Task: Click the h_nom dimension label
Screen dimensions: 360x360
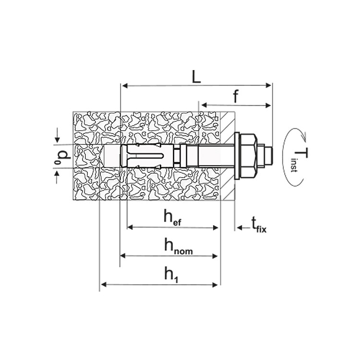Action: pos(179,246)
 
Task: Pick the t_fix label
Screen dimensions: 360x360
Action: pos(259,225)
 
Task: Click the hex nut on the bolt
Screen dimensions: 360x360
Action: pos(249,156)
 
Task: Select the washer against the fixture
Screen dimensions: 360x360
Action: pos(237,156)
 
